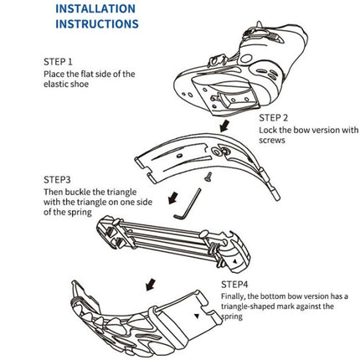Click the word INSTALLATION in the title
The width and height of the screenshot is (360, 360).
pos(95,9)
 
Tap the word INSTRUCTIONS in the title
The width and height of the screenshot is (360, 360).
pos(96,24)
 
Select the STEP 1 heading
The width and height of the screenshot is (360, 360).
pos(58,62)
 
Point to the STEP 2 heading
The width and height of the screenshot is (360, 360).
pos(275,118)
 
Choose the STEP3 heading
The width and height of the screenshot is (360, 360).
pos(57,180)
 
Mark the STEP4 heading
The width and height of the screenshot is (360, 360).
pos(235,285)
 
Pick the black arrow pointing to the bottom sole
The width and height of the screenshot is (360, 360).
pos(151,285)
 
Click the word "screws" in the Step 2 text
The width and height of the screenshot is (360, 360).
pos(273,141)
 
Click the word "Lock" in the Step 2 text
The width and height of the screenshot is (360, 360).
pos(267,130)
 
